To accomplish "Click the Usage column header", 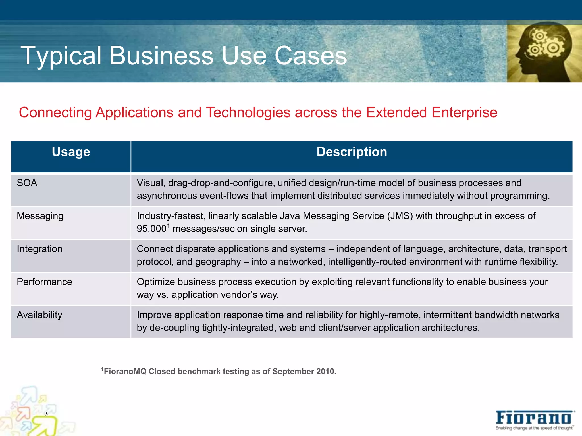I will pos(71,152).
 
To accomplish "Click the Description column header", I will pos(352,152).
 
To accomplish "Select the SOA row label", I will pos(27,183).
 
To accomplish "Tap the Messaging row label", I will pos(40,216).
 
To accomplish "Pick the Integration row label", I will pos(40,249).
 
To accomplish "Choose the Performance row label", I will pos(44,282).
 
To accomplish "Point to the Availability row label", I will pos(39,315).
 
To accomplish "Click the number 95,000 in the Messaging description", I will pos(151,229).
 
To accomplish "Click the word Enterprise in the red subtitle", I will pos(464,112).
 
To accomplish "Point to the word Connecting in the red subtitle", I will pos(55,112).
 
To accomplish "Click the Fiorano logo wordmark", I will pos(534,418).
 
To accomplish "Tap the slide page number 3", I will pos(46,414).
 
